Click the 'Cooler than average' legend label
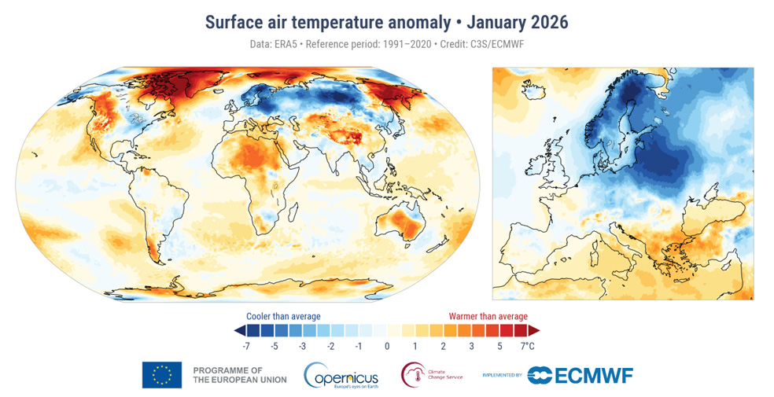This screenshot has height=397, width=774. click(283, 316)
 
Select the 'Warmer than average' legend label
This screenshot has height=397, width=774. click(488, 316)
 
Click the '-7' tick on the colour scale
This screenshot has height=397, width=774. click(246, 346)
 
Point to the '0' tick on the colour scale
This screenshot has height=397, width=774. click(387, 346)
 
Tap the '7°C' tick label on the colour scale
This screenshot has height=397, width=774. click(526, 346)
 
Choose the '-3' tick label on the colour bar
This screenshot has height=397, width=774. click(302, 346)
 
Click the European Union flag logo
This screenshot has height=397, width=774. click(162, 375)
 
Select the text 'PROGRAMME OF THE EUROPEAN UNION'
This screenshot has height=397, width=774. click(239, 375)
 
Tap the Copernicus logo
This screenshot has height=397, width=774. click(341, 375)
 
